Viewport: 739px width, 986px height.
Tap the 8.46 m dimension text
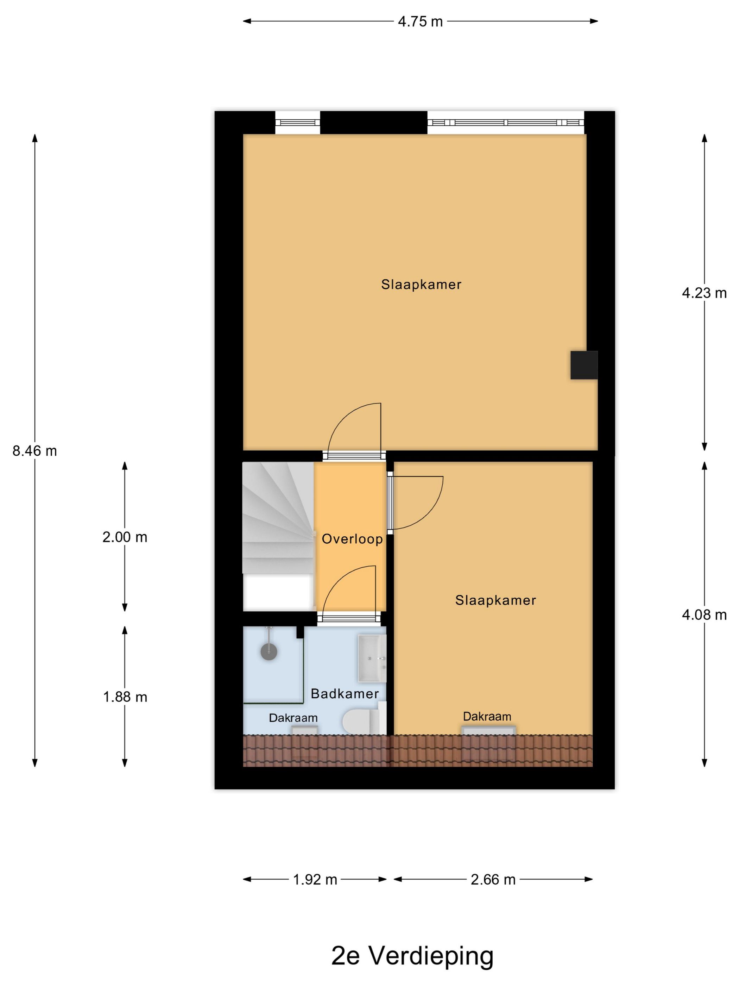(x=35, y=451)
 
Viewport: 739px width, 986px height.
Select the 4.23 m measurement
(x=704, y=293)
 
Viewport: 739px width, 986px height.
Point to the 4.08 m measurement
(x=704, y=615)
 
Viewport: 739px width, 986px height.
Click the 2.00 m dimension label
(x=125, y=537)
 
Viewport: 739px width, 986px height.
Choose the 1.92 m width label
(x=315, y=879)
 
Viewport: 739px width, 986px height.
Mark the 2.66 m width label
(x=493, y=879)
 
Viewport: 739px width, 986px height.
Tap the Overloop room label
(x=352, y=539)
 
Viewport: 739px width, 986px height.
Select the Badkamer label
(x=344, y=694)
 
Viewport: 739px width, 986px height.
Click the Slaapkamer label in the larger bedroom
(x=421, y=285)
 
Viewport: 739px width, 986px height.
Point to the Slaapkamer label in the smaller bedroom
(x=495, y=600)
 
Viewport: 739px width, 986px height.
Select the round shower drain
(x=269, y=652)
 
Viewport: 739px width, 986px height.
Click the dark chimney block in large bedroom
(x=583, y=365)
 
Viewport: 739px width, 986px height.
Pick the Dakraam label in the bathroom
(x=293, y=718)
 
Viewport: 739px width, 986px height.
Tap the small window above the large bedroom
(x=297, y=123)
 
